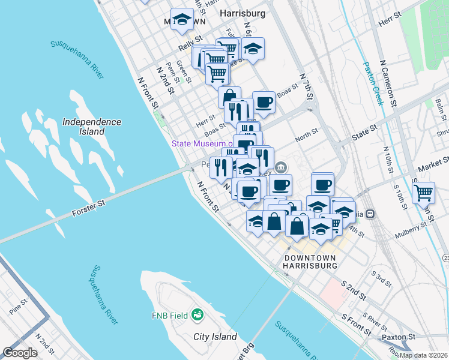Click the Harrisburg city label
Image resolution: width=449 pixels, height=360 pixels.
[243, 12]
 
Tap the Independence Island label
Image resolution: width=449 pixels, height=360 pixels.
[91, 127]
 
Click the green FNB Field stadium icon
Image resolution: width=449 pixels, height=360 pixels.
[196, 314]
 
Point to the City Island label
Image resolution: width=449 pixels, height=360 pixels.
[215, 337]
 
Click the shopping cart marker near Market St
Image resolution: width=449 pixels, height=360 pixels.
[424, 193]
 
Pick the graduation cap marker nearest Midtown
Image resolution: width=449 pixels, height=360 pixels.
[182, 19]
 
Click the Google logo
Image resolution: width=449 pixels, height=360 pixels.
[20, 353]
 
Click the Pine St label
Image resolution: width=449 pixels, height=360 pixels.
[18, 304]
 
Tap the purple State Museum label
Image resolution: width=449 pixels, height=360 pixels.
[201, 143]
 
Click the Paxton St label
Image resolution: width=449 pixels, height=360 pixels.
[399, 337]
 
